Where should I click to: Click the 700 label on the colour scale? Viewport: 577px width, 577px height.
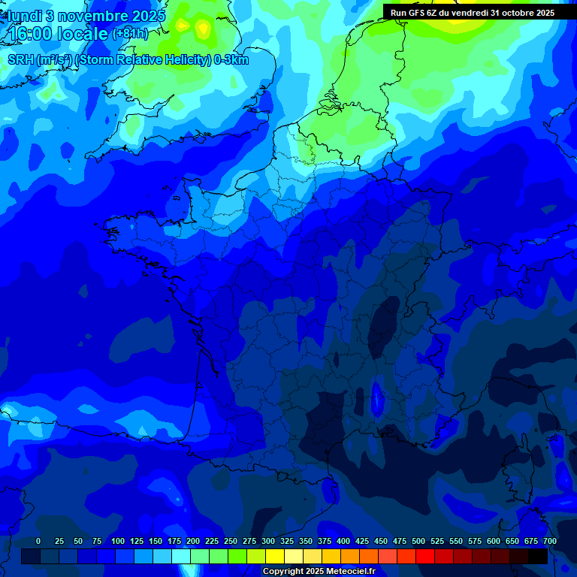point(549,541)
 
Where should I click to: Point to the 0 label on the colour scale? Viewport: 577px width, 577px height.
point(38,541)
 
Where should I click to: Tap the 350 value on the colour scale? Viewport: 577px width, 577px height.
point(306,541)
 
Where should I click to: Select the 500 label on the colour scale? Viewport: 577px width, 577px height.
point(418,541)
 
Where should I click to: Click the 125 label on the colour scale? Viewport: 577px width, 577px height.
point(137,541)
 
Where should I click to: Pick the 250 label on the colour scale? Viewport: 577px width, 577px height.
point(231,541)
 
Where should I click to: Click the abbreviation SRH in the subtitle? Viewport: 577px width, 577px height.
point(21,60)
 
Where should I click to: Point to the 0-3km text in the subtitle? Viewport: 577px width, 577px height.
point(231,60)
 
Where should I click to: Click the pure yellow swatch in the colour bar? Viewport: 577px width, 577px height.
point(275,557)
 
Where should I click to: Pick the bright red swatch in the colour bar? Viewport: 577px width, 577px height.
point(425,557)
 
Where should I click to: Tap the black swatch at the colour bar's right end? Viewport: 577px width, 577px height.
point(538,557)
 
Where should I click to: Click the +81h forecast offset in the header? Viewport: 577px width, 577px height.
point(130,34)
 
